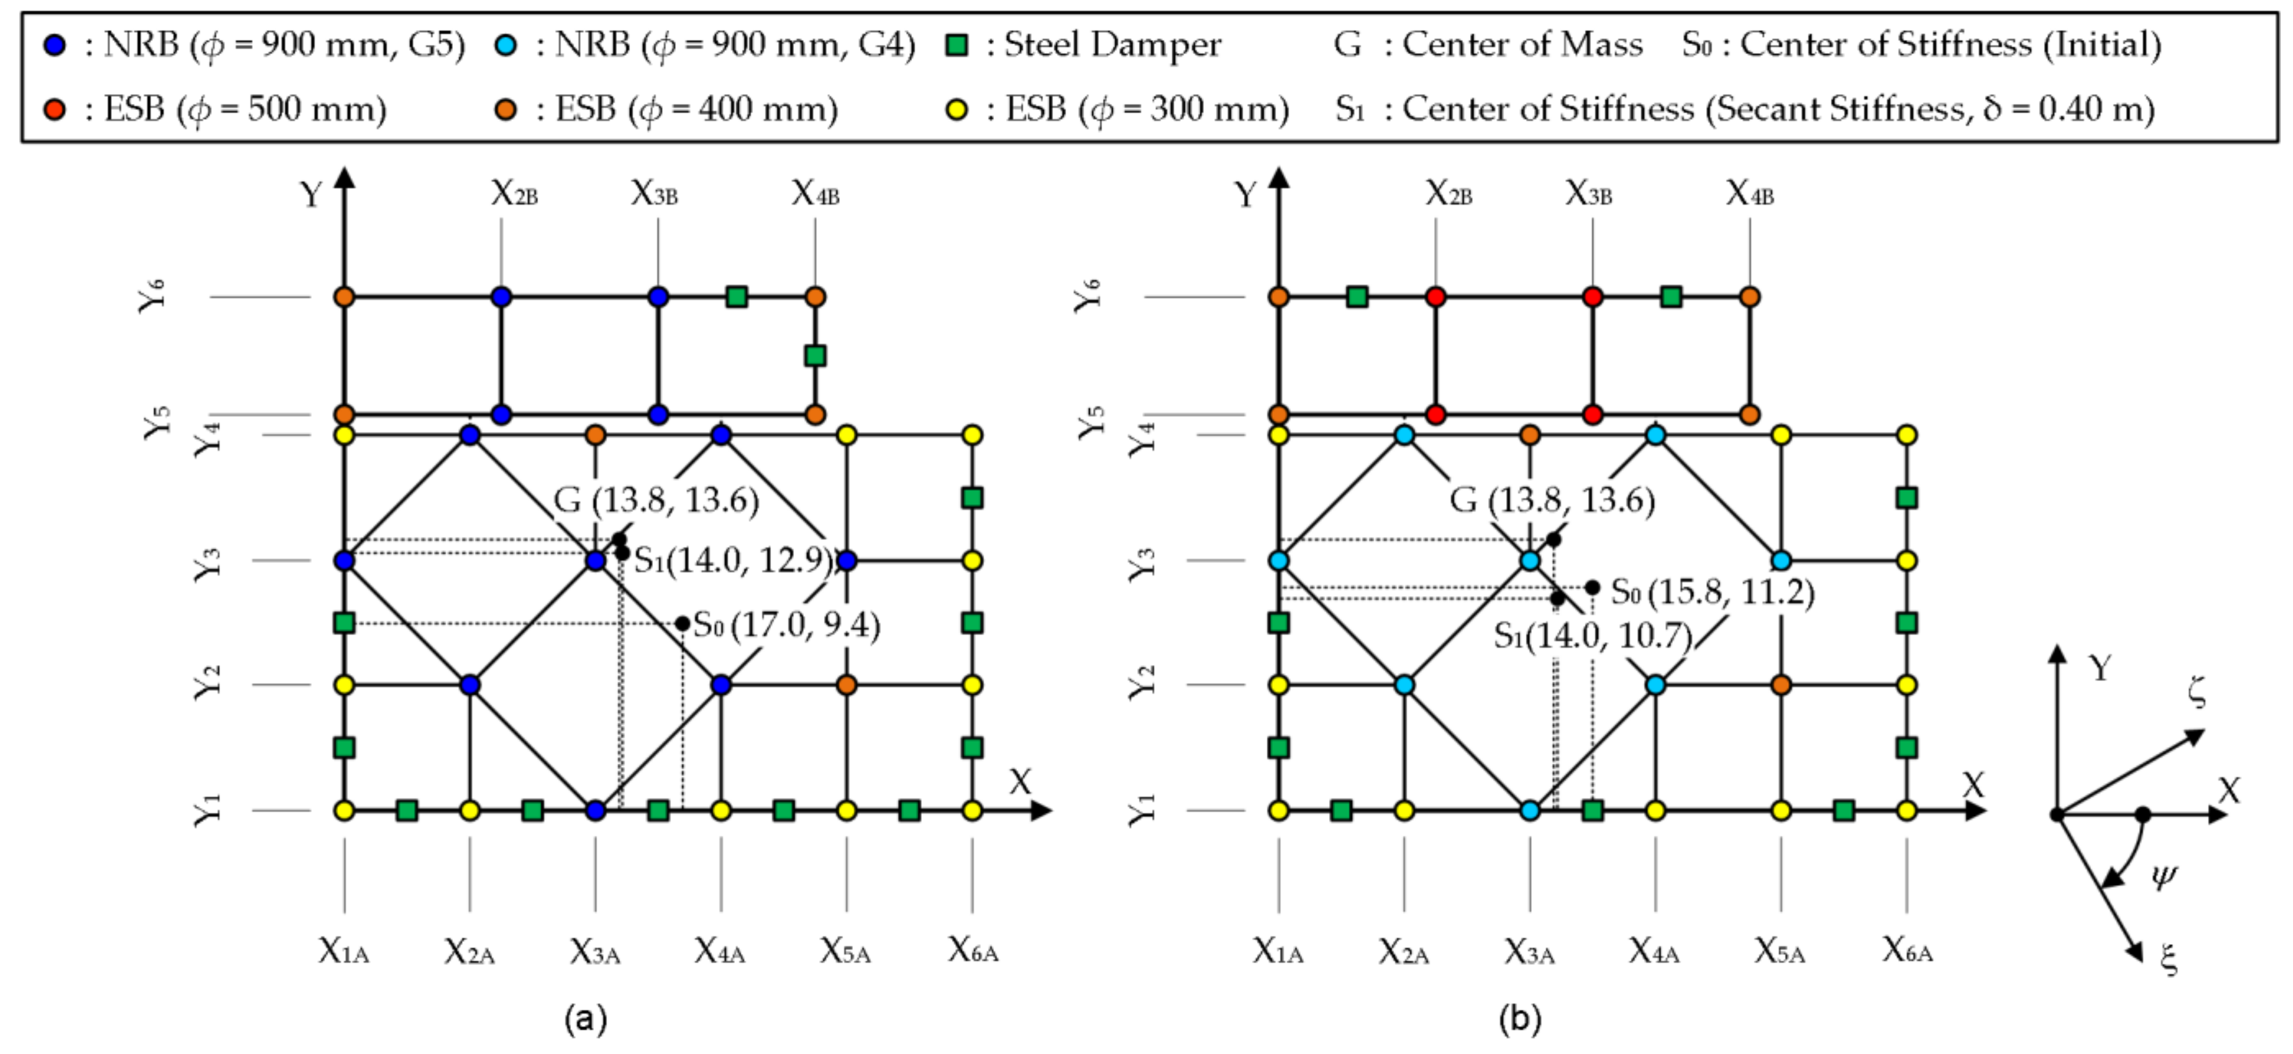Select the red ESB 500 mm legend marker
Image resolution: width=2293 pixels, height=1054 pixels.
tap(55, 109)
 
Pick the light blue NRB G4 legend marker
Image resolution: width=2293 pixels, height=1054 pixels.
tap(505, 44)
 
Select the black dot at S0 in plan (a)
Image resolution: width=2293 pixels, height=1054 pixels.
tap(682, 623)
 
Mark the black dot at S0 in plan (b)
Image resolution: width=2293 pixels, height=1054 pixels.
tap(1592, 587)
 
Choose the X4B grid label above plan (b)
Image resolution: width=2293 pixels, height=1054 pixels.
tap(1749, 192)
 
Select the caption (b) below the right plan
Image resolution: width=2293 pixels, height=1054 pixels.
tap(1520, 1017)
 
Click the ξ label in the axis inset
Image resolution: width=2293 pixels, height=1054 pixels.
tap(2169, 959)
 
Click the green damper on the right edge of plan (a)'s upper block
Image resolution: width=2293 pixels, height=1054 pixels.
tap(814, 356)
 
